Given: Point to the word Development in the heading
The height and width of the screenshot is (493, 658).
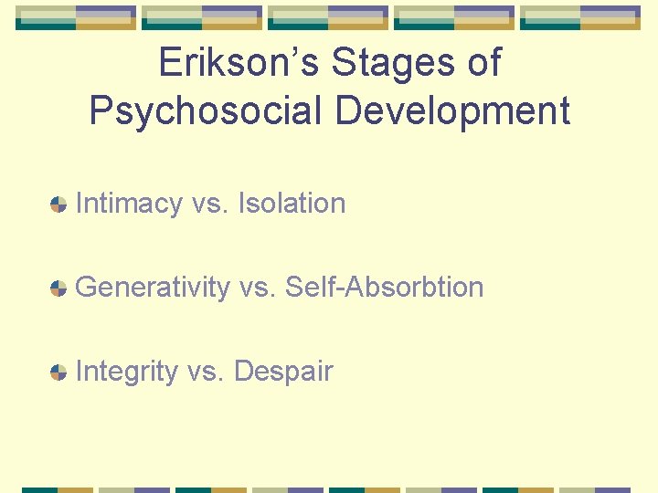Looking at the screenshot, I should point(451,110).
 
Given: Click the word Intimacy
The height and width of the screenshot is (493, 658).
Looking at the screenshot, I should point(129,204).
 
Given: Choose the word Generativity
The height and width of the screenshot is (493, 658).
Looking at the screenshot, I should point(153,288).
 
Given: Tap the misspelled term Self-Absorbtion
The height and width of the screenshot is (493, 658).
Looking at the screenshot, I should point(385,288).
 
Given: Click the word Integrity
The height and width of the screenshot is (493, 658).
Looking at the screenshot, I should point(127,372).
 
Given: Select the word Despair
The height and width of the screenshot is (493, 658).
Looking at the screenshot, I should point(283,372).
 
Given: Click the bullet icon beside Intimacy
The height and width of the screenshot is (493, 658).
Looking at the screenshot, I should point(58,205).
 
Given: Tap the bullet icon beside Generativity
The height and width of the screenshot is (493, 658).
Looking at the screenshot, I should point(58,288).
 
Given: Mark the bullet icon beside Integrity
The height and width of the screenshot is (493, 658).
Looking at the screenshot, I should point(58,372).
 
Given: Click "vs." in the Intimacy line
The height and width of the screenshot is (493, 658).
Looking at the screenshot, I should point(210,204).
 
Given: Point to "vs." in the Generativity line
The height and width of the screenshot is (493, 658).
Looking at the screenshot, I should point(258,288).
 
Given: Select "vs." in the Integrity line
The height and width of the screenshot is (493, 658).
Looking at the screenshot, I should point(207,372).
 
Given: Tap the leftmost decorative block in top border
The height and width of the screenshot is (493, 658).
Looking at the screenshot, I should point(76,17).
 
